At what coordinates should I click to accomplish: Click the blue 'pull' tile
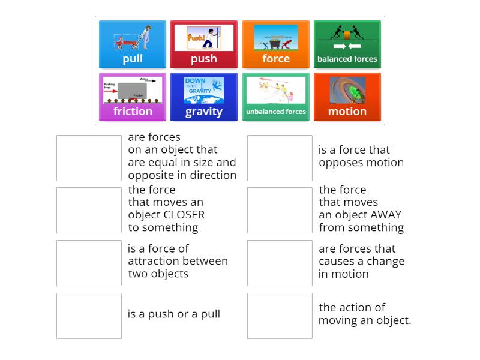pos(133,45)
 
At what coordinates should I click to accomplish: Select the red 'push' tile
pos(204,45)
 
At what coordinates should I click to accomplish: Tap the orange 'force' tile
pos(275,45)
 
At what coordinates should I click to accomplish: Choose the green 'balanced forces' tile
pos(347,45)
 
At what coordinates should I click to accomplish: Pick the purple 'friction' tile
pos(133,97)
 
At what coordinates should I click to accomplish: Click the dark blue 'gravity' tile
pos(204,97)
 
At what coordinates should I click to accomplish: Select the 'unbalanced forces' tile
pos(275,97)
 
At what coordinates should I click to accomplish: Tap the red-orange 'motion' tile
pos(347,97)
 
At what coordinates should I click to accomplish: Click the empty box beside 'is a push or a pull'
pos(89,316)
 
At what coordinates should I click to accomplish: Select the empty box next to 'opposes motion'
pos(280,158)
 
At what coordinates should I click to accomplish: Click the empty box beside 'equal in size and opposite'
pos(89,158)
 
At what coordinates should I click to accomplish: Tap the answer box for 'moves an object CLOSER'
pos(89,210)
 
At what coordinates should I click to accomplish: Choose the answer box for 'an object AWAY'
pos(280,210)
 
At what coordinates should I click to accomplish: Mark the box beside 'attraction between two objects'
pos(89,263)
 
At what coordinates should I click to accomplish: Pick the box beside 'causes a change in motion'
pos(280,263)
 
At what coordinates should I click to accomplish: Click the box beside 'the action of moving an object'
pos(280,316)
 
